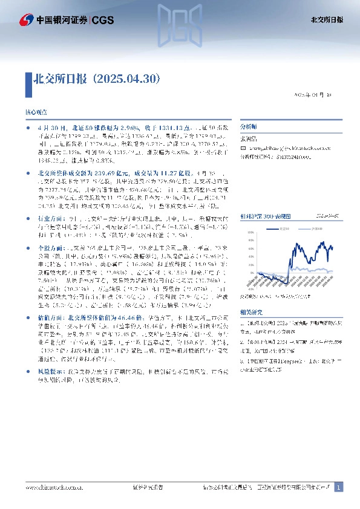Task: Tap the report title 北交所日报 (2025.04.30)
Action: [x=97, y=78]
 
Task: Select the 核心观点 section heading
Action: [x=35, y=113]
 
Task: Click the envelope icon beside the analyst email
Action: [x=243, y=147]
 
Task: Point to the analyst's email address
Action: [x=279, y=147]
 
